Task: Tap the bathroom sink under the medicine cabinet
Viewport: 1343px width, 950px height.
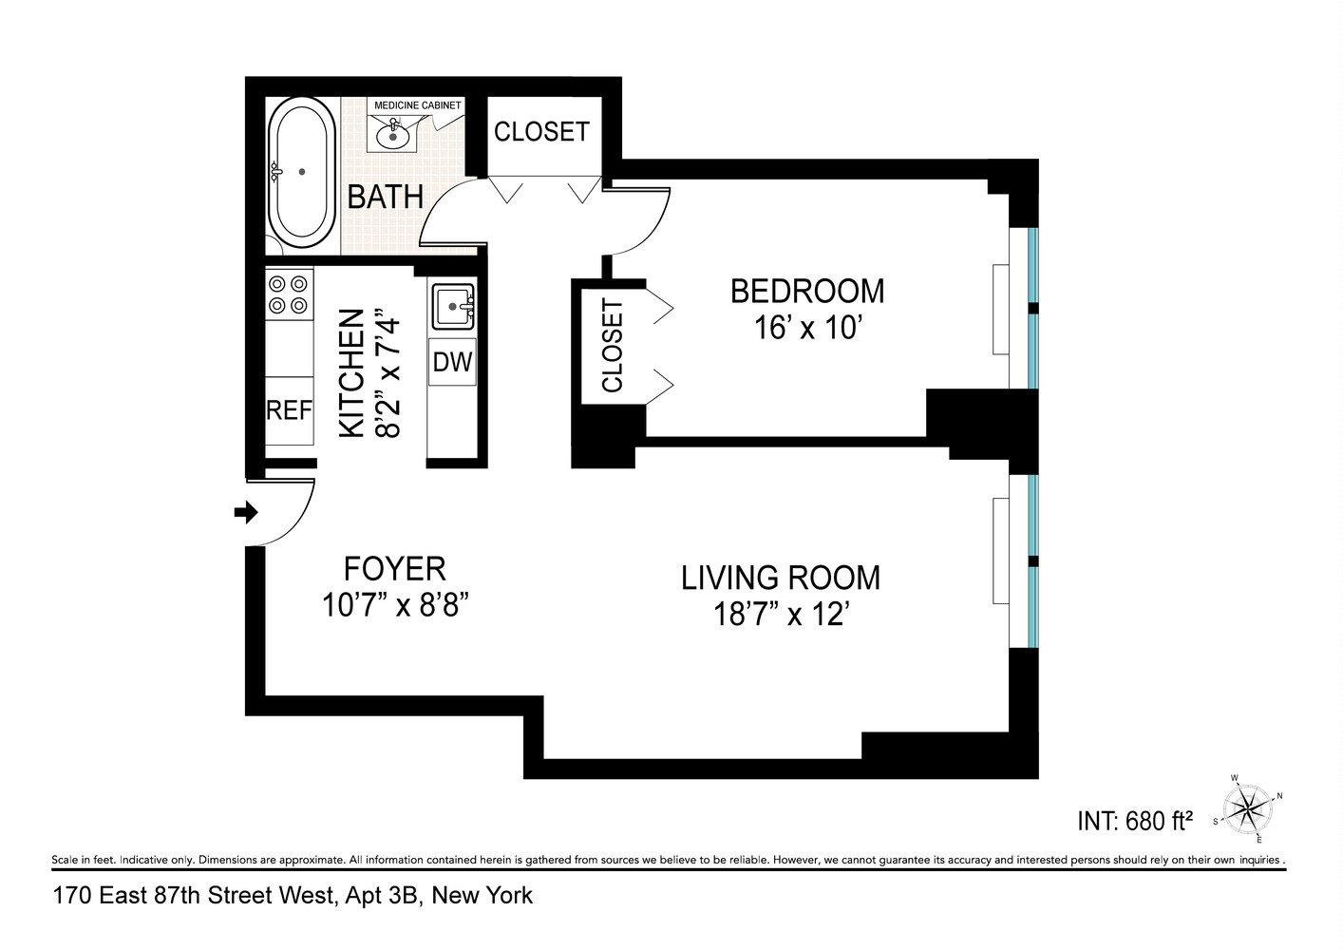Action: (391, 136)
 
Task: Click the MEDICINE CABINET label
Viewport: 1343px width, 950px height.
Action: (417, 105)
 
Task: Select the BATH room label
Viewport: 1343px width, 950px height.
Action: (385, 197)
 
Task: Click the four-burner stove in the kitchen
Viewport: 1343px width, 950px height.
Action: (289, 294)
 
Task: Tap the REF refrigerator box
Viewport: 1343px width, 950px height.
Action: (289, 410)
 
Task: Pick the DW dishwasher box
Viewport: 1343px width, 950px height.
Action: (452, 362)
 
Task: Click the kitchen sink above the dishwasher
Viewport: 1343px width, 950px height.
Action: (453, 307)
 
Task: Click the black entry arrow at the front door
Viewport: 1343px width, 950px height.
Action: (246, 513)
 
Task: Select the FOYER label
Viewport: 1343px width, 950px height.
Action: (394, 568)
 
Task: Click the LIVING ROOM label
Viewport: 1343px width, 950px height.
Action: (780, 578)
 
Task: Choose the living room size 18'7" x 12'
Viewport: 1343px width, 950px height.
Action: (780, 615)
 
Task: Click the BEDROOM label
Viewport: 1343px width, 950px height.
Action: (806, 291)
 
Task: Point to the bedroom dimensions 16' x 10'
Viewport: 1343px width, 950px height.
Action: (806, 328)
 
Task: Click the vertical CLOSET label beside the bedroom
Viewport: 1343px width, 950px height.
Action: (613, 345)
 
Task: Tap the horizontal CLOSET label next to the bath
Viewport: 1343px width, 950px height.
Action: (541, 131)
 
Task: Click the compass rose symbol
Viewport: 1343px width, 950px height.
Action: (1247, 809)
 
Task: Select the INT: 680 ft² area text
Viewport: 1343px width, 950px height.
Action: (1134, 821)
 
